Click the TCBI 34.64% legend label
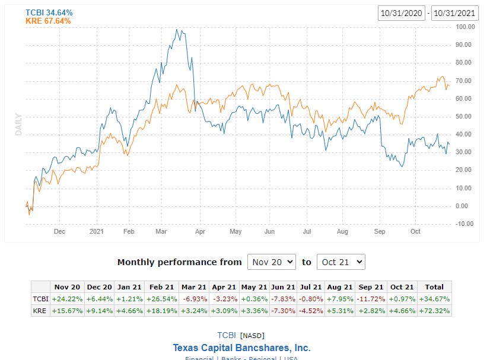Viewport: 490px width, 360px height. point(48,12)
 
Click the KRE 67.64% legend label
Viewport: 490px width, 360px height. point(48,21)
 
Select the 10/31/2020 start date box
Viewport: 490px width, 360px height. point(402,13)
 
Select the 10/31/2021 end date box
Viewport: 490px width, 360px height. point(455,13)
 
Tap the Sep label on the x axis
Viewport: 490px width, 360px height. point(380,231)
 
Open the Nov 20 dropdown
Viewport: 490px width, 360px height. point(271,262)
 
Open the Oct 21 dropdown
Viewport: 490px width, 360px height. point(341,262)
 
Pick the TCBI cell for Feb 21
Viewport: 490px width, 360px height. point(161,299)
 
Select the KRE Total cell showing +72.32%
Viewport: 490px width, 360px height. point(434,310)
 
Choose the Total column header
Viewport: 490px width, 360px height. point(434,288)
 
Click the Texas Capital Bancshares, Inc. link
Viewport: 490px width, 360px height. point(241,348)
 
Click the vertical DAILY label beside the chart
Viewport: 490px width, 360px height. point(18,125)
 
